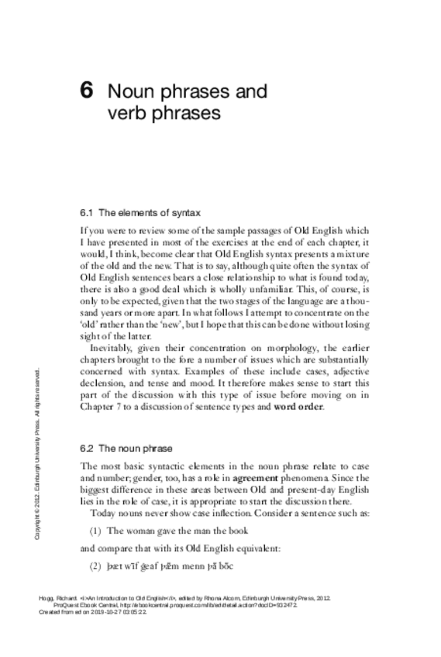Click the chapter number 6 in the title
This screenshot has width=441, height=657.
click(x=88, y=91)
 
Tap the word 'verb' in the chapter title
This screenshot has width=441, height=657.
click(x=128, y=113)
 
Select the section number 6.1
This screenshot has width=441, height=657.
click(x=87, y=212)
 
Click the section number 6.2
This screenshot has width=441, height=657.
click(x=87, y=449)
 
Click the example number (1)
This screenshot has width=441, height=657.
click(x=95, y=530)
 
